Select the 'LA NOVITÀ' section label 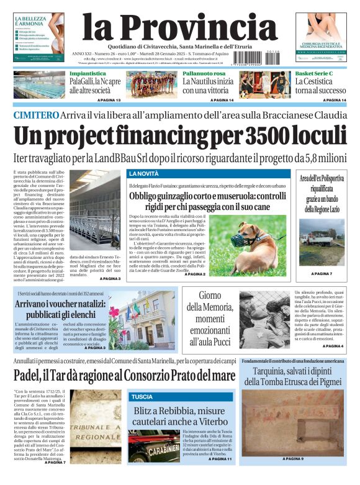pyautogui.click(x=143, y=173)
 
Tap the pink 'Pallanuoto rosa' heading pyautogui.click(x=204, y=74)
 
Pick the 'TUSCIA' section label pyautogui.click(x=142, y=396)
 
